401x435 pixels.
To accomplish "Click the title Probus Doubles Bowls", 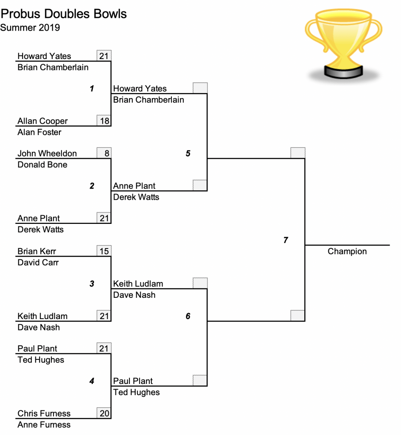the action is coord(64,14).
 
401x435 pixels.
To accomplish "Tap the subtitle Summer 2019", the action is coord(30,28).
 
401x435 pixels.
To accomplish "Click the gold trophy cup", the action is coord(343,44).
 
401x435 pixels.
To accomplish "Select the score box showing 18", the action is coord(104,121).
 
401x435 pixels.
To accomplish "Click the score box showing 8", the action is coord(104,153).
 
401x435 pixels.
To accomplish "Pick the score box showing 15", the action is coord(104,251).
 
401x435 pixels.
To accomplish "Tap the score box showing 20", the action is coord(104,413).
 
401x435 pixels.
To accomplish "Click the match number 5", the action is coord(188,153).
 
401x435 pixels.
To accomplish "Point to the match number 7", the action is coord(286,240).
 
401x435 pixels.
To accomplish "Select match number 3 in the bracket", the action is coord(92,283).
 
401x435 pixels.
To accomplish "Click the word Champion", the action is coord(347,251).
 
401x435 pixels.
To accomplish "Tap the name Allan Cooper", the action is coord(42,121).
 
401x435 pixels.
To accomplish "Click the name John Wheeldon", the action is coord(47,153).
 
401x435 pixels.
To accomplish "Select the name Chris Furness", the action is coord(44,413).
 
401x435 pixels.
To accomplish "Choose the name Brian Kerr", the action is coord(36,251).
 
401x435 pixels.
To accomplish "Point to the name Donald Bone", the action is coord(42,165).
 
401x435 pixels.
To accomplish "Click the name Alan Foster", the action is coord(39,133).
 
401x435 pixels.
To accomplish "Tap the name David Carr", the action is coord(38,263).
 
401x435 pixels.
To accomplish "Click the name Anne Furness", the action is coord(44,425).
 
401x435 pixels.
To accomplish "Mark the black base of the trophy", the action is coord(343,71).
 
